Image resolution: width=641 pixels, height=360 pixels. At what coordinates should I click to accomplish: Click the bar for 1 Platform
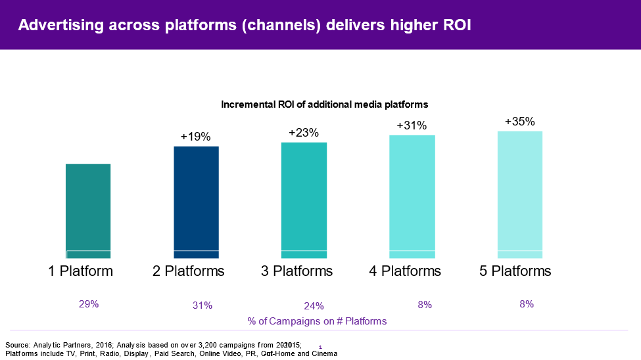point(88,210)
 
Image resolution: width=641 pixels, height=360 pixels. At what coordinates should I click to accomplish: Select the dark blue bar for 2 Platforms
point(196,202)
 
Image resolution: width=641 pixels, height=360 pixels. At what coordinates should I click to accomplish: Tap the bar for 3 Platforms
point(304,200)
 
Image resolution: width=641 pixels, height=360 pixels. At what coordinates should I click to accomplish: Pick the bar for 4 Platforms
point(412,196)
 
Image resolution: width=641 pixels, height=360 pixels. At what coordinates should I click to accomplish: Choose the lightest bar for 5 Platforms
point(520,194)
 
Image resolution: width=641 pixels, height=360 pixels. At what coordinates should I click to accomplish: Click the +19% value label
point(196,137)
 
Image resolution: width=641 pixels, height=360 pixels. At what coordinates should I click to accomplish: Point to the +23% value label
point(304,133)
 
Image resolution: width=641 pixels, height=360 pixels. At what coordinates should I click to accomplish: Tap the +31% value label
point(412,125)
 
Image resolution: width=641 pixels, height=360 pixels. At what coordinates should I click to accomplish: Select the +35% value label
point(520,122)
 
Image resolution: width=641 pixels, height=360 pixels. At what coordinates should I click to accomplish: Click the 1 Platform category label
point(81,271)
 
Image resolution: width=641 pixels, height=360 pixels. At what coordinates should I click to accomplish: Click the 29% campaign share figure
point(89,304)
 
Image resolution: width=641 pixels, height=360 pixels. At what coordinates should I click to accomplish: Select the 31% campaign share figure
point(202,305)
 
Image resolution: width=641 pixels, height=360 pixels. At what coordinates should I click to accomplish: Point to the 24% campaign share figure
point(314,305)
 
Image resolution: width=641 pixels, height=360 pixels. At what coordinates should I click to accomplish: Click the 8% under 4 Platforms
point(424,304)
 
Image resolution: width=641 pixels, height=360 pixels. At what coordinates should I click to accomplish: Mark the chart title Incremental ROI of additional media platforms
point(325,104)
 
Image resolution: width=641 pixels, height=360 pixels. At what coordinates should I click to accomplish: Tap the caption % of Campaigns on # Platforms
point(317,321)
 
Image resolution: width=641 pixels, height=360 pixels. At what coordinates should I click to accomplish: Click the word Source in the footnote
point(17,345)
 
